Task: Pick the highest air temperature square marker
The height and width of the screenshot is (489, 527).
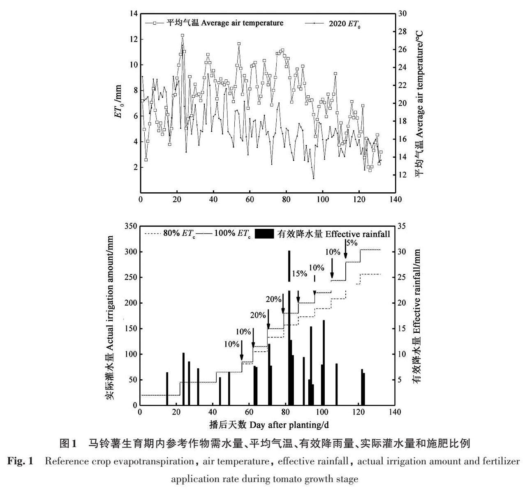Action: tap(183, 35)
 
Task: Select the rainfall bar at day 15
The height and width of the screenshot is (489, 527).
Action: tap(167, 388)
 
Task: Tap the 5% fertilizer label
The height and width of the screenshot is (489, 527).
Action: tap(351, 243)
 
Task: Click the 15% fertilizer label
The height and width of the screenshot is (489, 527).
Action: tap(299, 273)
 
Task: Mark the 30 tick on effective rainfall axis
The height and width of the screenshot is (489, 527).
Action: tap(402, 252)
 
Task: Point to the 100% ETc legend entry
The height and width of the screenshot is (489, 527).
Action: tap(233, 234)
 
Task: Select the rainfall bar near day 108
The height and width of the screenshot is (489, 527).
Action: tap(336, 384)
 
